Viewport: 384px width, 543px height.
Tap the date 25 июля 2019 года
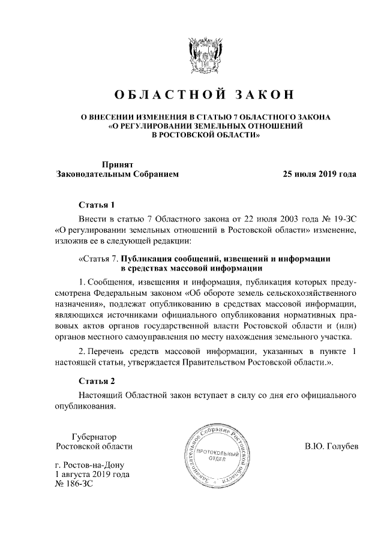coord(320,175)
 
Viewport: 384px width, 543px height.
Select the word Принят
coord(118,164)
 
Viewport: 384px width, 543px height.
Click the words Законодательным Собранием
coord(117,175)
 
